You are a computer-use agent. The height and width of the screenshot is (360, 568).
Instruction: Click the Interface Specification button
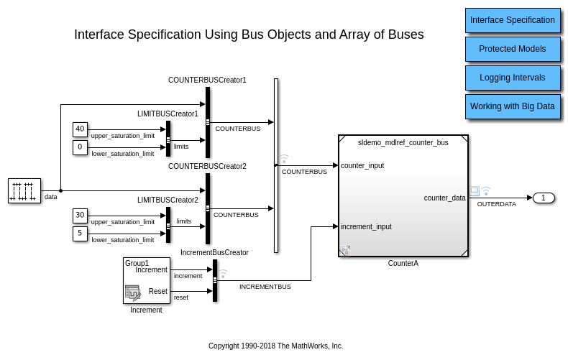pyautogui.click(x=512, y=20)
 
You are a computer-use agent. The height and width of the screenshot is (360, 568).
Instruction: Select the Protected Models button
pyautogui.click(x=512, y=49)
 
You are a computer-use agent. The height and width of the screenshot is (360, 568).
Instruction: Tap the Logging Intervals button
pyautogui.click(x=512, y=78)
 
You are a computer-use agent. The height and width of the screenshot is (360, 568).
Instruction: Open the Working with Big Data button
pyautogui.click(x=512, y=106)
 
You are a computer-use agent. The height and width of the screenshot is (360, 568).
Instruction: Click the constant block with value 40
pyautogui.click(x=80, y=129)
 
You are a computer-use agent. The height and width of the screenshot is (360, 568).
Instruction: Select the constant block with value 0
pyautogui.click(x=80, y=147)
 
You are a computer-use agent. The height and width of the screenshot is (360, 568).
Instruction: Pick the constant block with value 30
pyautogui.click(x=80, y=216)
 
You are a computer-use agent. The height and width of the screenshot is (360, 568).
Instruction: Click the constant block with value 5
pyautogui.click(x=80, y=234)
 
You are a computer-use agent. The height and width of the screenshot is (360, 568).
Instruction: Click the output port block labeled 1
pyautogui.click(x=544, y=198)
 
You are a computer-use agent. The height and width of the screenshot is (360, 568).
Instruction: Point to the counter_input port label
pyautogui.click(x=362, y=165)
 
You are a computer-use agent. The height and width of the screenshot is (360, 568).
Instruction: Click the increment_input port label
pyautogui.click(x=366, y=226)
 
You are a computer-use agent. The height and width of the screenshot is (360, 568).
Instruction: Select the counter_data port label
pyautogui.click(x=444, y=198)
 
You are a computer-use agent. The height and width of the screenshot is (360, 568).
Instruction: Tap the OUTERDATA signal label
pyautogui.click(x=497, y=204)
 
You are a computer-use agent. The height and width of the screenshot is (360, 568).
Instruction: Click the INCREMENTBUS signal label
pyautogui.click(x=265, y=286)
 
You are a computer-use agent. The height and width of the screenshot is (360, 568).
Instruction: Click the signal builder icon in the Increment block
pyautogui.click(x=133, y=292)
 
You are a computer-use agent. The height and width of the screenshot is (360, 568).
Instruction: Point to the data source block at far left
pyautogui.click(x=24, y=191)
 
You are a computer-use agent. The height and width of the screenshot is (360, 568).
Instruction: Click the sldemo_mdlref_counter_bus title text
pyautogui.click(x=403, y=142)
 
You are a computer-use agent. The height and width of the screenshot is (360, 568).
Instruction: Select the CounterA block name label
pyautogui.click(x=403, y=263)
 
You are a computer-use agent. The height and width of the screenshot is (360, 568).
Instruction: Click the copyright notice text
pyautogui.click(x=275, y=346)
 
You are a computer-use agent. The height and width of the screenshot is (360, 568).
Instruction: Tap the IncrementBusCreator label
pyautogui.click(x=214, y=252)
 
